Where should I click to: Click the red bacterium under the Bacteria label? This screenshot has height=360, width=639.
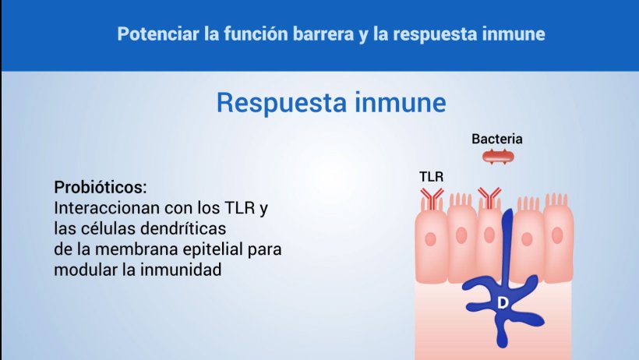(498, 157)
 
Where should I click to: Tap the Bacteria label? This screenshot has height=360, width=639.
(496, 139)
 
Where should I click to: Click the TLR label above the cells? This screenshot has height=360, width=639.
(432, 177)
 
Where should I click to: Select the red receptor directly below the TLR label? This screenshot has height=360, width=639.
(430, 196)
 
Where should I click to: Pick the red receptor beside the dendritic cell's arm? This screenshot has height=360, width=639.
(489, 197)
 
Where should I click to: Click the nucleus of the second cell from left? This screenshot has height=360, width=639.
(461, 235)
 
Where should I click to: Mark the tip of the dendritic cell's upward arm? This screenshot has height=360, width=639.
(507, 214)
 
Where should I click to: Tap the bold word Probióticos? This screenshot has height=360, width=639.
(101, 188)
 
